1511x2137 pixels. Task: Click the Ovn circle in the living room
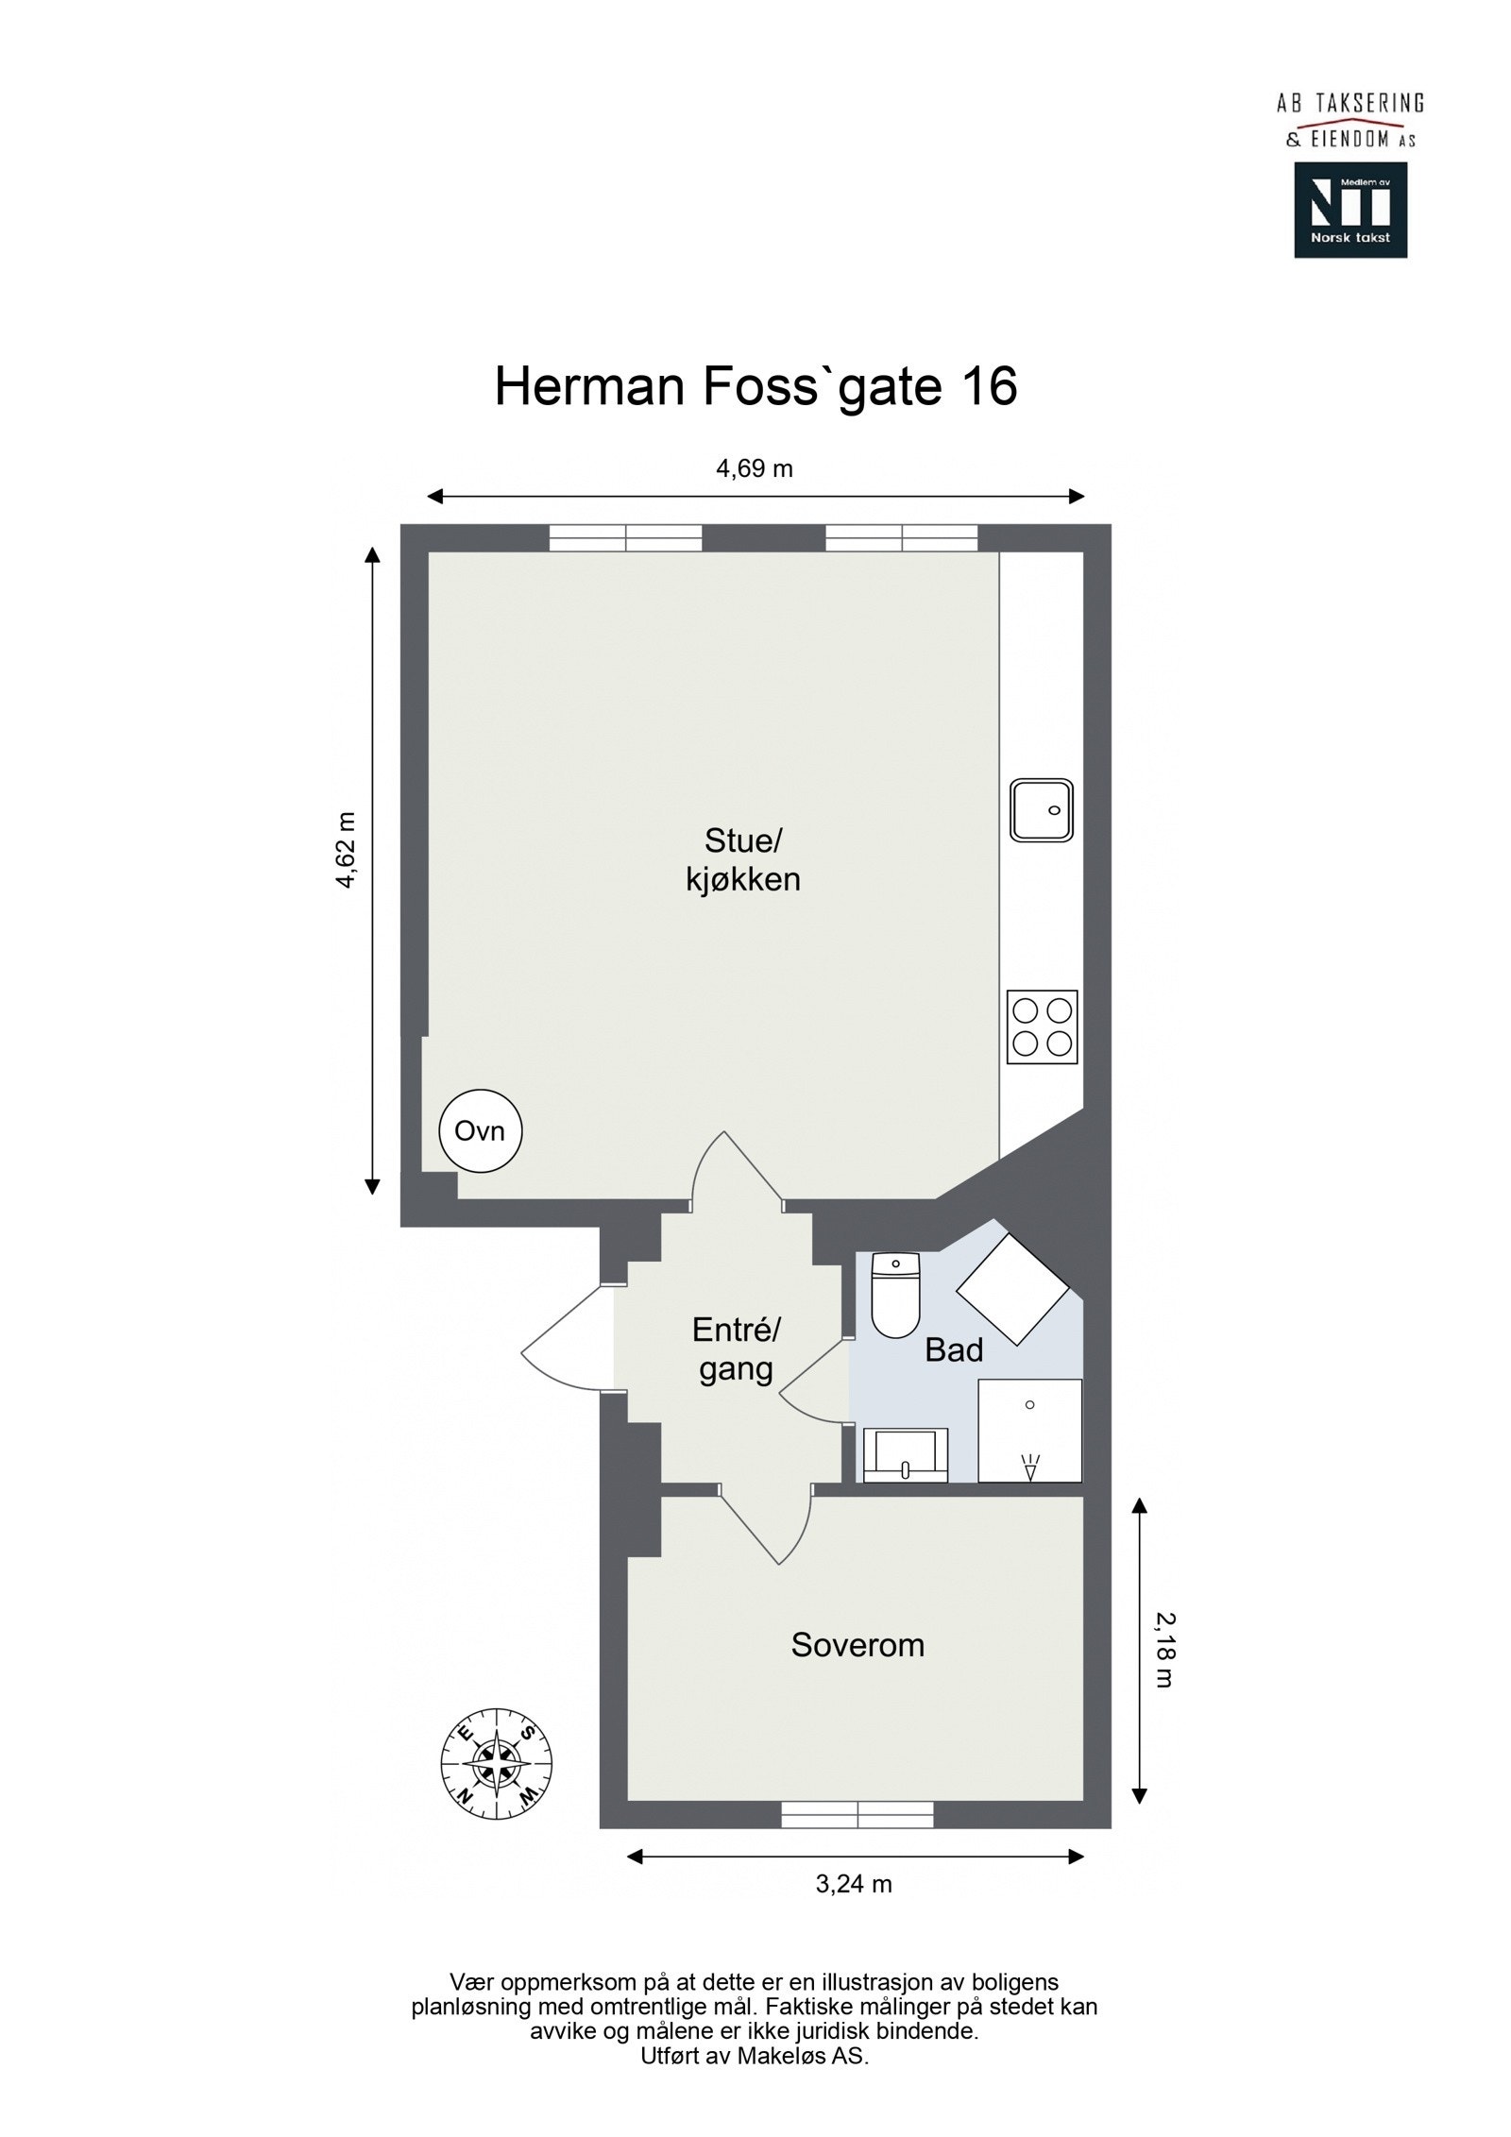tap(480, 1130)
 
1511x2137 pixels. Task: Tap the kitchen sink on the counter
tap(1041, 809)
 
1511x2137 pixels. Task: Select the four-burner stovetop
tap(1042, 1026)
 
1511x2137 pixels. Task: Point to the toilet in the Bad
tap(894, 1294)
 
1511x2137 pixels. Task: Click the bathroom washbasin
tap(905, 1455)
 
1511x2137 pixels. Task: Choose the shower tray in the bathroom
tap(1029, 1430)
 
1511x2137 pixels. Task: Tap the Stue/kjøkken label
tap(743, 859)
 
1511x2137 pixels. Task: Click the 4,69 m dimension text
tap(755, 468)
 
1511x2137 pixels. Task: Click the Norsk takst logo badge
tap(1350, 210)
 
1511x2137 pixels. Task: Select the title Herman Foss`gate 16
tap(755, 386)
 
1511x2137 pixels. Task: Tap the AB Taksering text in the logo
tap(1350, 104)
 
